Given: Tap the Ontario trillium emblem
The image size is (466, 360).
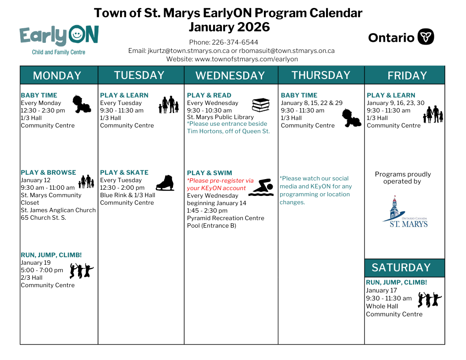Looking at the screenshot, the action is [x=425, y=37].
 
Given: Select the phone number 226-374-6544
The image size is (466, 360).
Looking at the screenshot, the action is [x=235, y=42].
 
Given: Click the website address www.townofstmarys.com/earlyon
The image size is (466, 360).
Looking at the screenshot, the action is [x=246, y=59].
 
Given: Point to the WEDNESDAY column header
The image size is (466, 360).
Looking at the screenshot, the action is [x=230, y=75].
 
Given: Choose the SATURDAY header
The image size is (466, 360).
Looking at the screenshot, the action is [x=401, y=268].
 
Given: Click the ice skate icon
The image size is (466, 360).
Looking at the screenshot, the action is [x=165, y=183].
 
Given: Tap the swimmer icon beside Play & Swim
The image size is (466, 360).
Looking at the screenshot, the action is [x=261, y=187].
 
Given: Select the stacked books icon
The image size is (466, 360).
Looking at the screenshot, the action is [x=261, y=105].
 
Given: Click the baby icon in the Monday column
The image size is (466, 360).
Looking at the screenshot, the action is [x=82, y=104].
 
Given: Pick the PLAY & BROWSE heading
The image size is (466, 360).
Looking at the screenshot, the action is [x=49, y=172].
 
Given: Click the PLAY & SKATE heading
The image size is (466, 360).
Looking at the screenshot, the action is [x=124, y=172].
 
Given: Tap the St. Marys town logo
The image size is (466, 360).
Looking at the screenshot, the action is [x=405, y=212].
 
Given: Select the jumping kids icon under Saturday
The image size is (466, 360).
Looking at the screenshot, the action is [x=430, y=300].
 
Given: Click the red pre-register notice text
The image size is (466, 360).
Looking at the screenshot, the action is [x=220, y=184].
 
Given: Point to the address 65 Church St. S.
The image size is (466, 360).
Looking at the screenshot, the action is [x=43, y=218].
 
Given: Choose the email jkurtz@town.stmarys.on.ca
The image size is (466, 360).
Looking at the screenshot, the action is [x=188, y=51].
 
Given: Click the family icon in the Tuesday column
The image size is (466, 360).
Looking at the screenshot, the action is [x=169, y=105].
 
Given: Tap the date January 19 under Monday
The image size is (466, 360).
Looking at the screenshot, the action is [x=36, y=262].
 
